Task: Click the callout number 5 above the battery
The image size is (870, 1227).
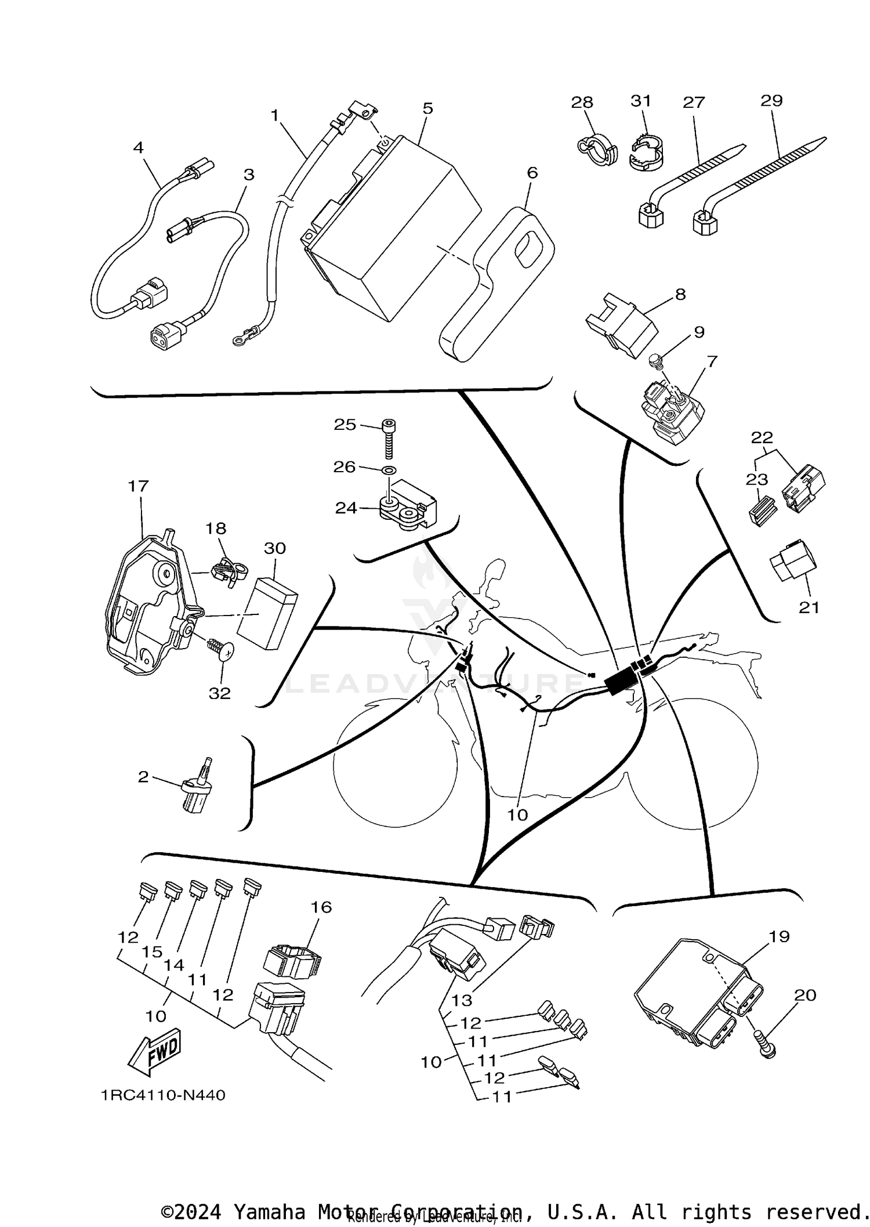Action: pyautogui.click(x=427, y=108)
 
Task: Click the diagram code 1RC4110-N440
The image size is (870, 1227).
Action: pyautogui.click(x=163, y=1095)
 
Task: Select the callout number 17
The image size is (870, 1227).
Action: pyautogui.click(x=139, y=486)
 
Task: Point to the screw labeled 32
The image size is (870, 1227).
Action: pyautogui.click(x=223, y=651)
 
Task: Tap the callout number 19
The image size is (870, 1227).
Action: pyautogui.click(x=780, y=937)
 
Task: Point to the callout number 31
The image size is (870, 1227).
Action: pyautogui.click(x=641, y=101)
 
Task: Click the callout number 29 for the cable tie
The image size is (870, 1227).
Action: pyautogui.click(x=771, y=100)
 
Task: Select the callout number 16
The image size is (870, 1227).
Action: pyautogui.click(x=321, y=907)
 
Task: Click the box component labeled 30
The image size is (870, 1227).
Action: pyautogui.click(x=267, y=613)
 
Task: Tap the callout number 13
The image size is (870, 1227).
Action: pyautogui.click(x=462, y=1000)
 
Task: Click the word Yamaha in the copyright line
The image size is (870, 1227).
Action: pyautogui.click(x=269, y=1212)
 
